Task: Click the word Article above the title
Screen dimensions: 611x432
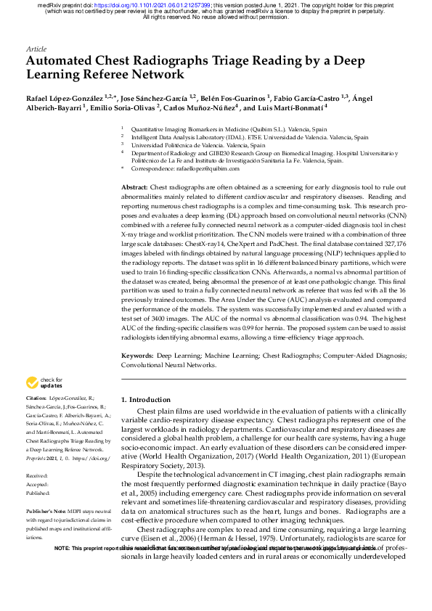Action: point(36,49)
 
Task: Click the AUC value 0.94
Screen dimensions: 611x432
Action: point(362,318)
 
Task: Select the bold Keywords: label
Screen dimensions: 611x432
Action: point(137,356)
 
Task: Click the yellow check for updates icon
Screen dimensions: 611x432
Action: point(33,382)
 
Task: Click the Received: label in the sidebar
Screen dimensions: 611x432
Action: point(37,476)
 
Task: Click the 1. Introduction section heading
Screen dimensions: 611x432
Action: point(145,399)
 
